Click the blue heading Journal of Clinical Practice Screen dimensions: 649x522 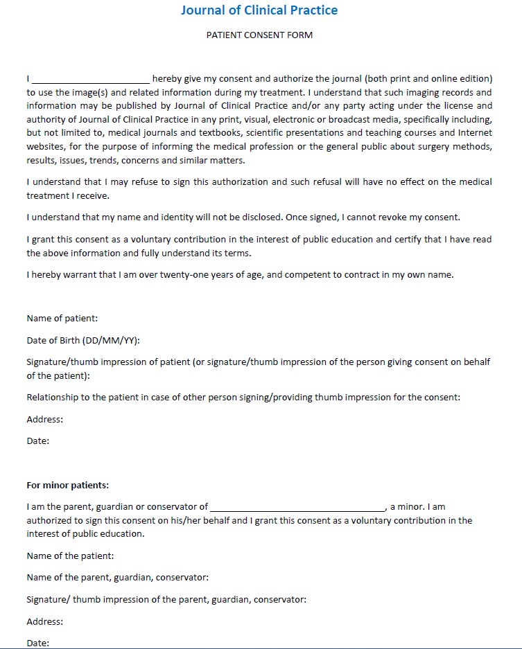coord(259,10)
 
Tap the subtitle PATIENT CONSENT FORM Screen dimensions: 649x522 coord(259,35)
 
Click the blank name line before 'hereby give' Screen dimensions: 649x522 coord(91,79)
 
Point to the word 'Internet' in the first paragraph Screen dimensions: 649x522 coord(475,132)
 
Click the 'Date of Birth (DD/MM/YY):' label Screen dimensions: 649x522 coord(83,340)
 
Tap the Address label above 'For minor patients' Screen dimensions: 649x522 coord(45,419)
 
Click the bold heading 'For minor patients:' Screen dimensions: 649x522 coord(68,485)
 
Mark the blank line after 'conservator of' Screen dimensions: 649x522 coord(297,508)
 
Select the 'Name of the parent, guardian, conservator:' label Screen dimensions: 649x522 coord(118,577)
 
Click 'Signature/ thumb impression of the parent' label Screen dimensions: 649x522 coord(166,599)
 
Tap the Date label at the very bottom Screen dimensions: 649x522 coord(38,643)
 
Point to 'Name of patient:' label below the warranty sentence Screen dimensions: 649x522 coord(62,319)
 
